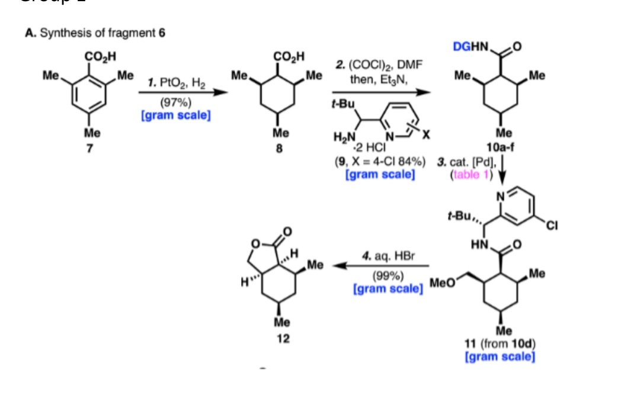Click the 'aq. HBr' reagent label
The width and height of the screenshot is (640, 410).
(x=389, y=257)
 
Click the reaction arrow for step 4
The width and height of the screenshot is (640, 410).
(x=379, y=266)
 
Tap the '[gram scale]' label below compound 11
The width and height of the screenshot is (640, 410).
(x=500, y=357)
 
